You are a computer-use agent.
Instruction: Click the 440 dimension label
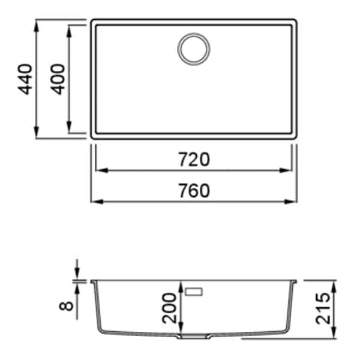pos(25,79)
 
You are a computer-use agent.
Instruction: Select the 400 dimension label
pos(58,79)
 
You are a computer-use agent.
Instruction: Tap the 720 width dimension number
pos(194,160)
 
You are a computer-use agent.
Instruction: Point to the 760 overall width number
pos(194,191)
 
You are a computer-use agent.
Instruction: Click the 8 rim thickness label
pos(67,306)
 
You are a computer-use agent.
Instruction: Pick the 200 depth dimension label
pos(169,308)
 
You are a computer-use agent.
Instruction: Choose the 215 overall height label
pos(323,308)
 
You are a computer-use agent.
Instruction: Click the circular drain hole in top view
pos(194,49)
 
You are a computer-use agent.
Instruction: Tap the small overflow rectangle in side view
pos(194,292)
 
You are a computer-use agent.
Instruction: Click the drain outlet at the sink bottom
pos(194,337)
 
